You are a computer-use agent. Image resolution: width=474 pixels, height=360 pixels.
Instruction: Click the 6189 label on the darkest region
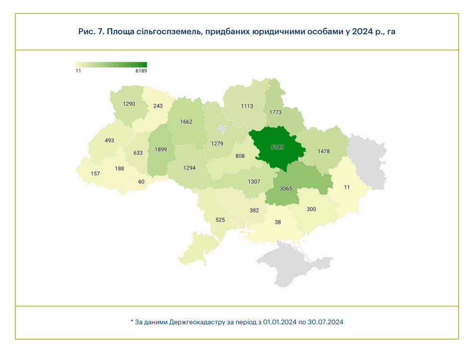(277, 147)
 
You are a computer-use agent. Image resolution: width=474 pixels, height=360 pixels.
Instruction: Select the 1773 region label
(275, 112)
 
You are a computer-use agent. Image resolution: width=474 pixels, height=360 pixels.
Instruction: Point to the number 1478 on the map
(324, 151)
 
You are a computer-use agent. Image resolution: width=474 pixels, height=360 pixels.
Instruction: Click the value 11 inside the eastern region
(346, 187)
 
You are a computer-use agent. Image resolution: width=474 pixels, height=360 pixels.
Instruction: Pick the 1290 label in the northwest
(129, 104)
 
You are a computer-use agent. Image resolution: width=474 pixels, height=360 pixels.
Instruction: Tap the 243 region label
(158, 106)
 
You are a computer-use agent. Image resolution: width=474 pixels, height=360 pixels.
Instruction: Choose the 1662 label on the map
(186, 122)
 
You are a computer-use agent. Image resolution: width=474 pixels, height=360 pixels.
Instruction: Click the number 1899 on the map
(160, 149)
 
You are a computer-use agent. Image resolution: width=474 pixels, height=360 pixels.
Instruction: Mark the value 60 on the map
(141, 182)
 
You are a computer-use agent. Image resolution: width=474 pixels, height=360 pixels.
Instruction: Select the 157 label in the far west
(95, 173)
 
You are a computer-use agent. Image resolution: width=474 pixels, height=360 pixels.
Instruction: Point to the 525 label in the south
(221, 220)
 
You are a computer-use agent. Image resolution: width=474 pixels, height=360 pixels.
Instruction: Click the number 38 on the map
(277, 222)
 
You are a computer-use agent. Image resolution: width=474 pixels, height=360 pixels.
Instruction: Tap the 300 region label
(311, 209)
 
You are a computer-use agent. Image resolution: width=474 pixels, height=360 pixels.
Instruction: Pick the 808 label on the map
(240, 156)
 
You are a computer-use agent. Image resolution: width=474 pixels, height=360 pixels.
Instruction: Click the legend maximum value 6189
(141, 71)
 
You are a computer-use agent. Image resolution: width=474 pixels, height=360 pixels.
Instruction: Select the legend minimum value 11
(78, 71)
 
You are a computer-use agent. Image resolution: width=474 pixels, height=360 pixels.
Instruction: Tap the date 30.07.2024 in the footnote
(325, 322)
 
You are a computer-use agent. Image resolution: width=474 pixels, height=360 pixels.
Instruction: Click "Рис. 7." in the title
(90, 32)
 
